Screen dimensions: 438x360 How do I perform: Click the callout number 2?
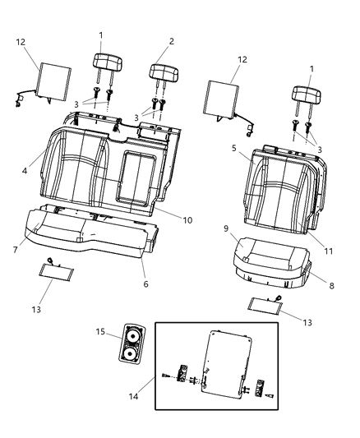171,40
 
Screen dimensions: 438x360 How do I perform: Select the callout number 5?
233,150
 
